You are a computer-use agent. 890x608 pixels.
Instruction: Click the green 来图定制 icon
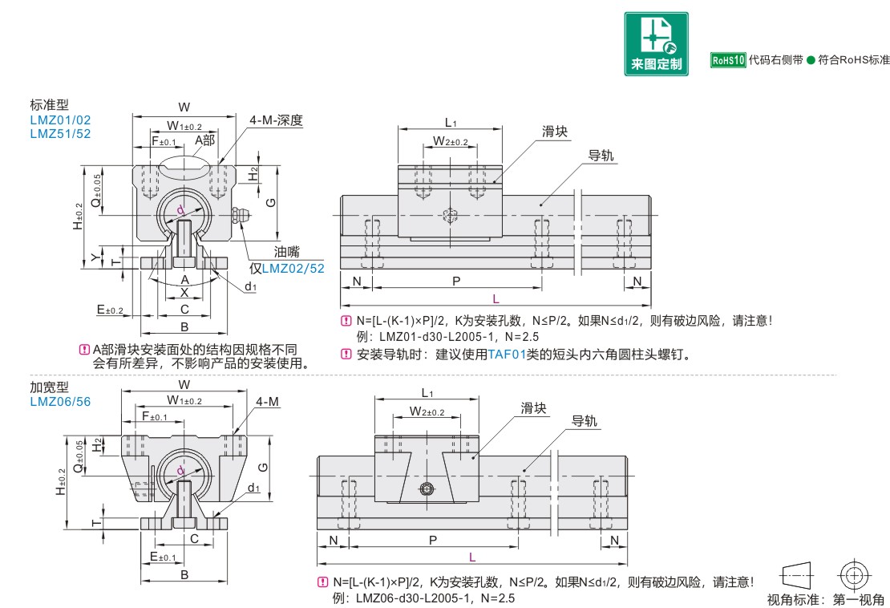[x=657, y=43]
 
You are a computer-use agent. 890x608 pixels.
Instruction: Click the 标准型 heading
[x=50, y=105]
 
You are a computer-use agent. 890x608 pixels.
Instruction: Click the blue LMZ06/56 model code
[x=60, y=401]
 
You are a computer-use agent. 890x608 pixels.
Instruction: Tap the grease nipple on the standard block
[x=241, y=216]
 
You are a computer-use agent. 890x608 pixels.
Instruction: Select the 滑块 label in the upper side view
[x=555, y=132]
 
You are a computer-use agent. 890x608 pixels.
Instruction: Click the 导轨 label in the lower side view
[x=584, y=422]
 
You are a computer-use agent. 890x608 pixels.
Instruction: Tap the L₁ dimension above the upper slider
[x=451, y=123]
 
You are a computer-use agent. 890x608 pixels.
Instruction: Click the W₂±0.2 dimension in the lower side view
[x=427, y=411]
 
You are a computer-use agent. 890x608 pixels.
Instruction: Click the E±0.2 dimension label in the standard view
[x=110, y=310]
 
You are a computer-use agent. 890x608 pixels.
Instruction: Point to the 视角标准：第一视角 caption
[x=825, y=599]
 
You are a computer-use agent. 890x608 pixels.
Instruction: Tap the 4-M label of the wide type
[x=268, y=401]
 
